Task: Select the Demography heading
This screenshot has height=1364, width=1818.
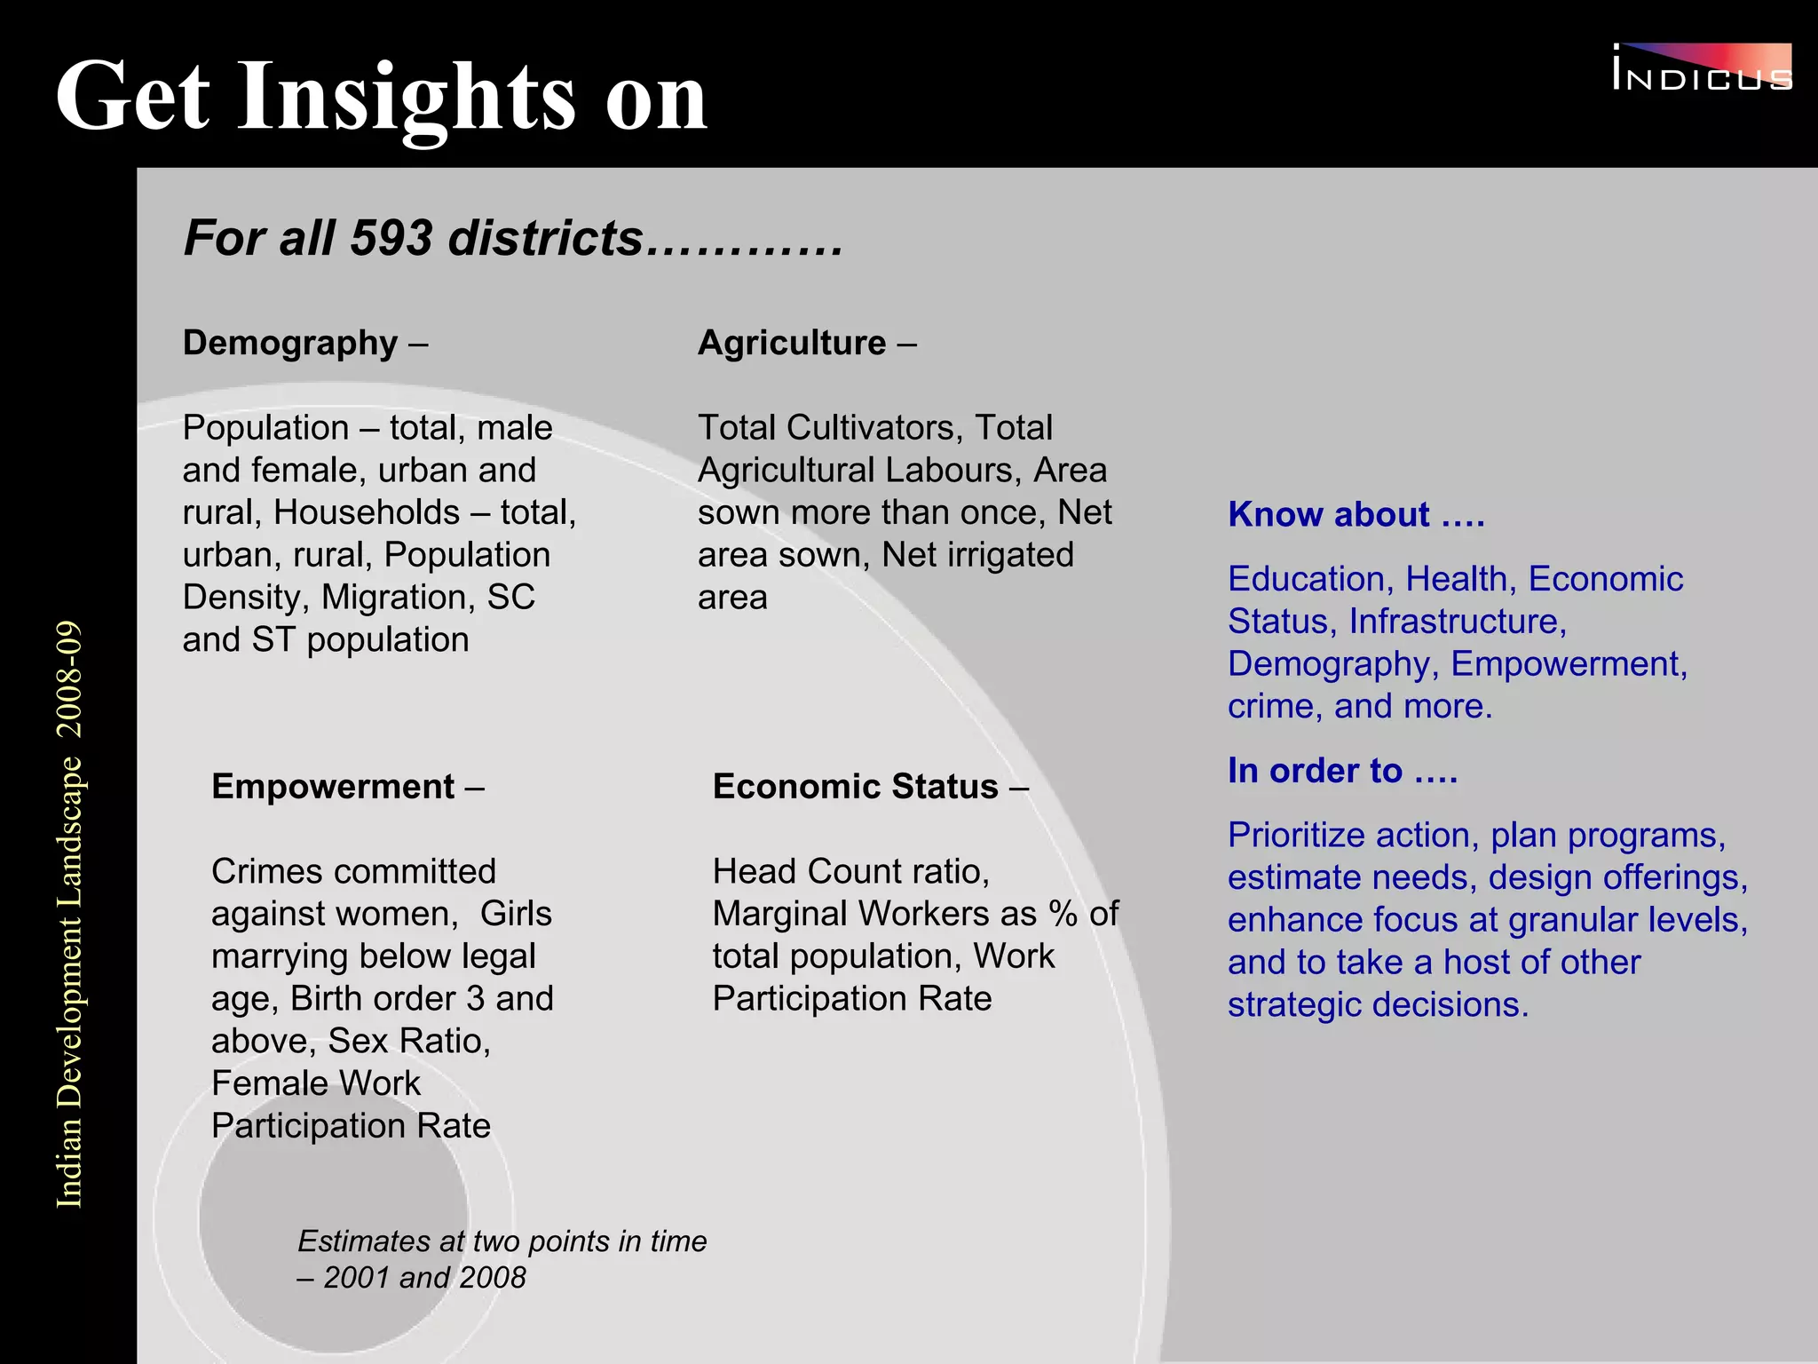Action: click(290, 343)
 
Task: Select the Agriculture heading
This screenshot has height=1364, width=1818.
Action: click(792, 343)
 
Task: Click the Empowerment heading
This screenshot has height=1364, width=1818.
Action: click(333, 787)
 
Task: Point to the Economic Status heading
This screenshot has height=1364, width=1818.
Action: click(856, 787)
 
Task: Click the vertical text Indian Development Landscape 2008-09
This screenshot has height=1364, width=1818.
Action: click(69, 915)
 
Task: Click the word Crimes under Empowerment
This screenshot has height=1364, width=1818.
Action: click(266, 872)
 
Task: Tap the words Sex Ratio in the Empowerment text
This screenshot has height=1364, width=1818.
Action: click(408, 1041)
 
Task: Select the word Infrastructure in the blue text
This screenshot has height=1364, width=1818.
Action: click(1458, 622)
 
